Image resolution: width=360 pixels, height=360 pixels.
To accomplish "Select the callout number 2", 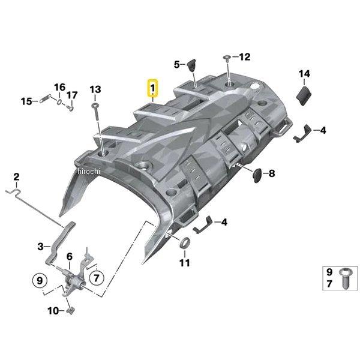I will pyautogui.click(x=17, y=176).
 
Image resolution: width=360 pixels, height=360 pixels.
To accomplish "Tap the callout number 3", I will pyautogui.click(x=40, y=246).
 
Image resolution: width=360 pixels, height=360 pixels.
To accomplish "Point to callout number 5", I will pyautogui.click(x=177, y=64).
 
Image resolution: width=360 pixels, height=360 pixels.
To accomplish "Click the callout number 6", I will pyautogui.click(x=69, y=256).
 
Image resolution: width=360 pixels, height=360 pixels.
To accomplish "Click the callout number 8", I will pyautogui.click(x=271, y=174).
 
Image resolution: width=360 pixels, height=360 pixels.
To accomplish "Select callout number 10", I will pyautogui.click(x=52, y=311).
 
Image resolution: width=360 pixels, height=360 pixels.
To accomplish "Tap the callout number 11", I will pyautogui.click(x=184, y=262).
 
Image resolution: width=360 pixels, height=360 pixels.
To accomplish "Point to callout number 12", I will pyautogui.click(x=244, y=57).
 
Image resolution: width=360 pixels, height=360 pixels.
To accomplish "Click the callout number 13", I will pyautogui.click(x=95, y=90).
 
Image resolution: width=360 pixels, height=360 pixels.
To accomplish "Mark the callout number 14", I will pyautogui.click(x=304, y=74).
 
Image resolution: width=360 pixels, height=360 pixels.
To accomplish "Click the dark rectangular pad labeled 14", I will pyautogui.click(x=304, y=94).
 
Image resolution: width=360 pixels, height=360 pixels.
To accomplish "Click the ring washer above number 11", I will pyautogui.click(x=185, y=244).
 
